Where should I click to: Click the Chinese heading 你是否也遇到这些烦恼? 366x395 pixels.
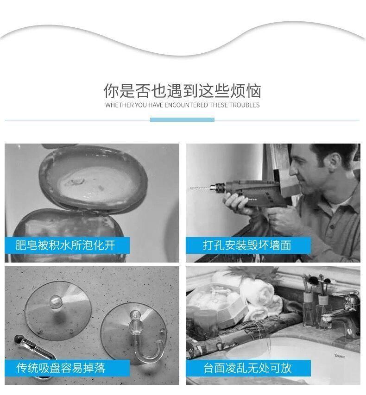(182, 91)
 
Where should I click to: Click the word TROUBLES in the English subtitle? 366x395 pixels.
(244, 105)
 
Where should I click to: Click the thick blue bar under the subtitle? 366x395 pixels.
(182, 119)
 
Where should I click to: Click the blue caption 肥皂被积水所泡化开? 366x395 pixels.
(65, 245)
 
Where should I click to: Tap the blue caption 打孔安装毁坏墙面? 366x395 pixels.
(247, 245)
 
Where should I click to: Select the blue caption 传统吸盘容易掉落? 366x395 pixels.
(61, 368)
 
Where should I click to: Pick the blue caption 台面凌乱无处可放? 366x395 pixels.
(247, 368)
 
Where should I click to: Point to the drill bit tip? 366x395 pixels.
(190, 188)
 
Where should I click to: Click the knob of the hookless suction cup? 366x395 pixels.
(56, 302)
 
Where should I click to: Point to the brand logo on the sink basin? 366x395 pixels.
(340, 356)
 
